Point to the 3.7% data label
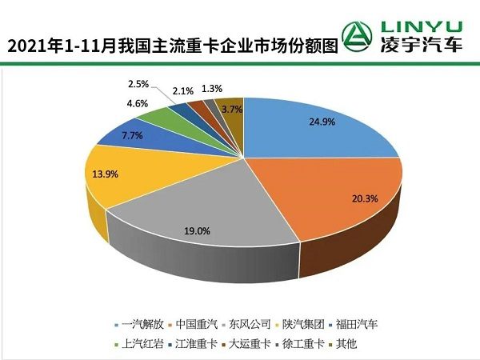pyautogui.click(x=233, y=109)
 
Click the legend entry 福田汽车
pyautogui.click(x=358, y=324)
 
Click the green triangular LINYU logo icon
pyautogui.click(x=357, y=34)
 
